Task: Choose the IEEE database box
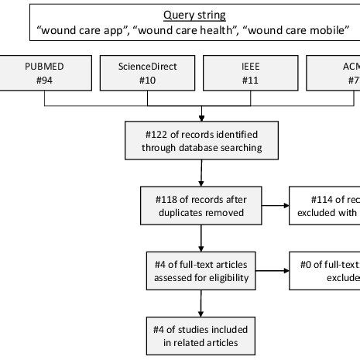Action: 246,74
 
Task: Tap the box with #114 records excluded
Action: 325,206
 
